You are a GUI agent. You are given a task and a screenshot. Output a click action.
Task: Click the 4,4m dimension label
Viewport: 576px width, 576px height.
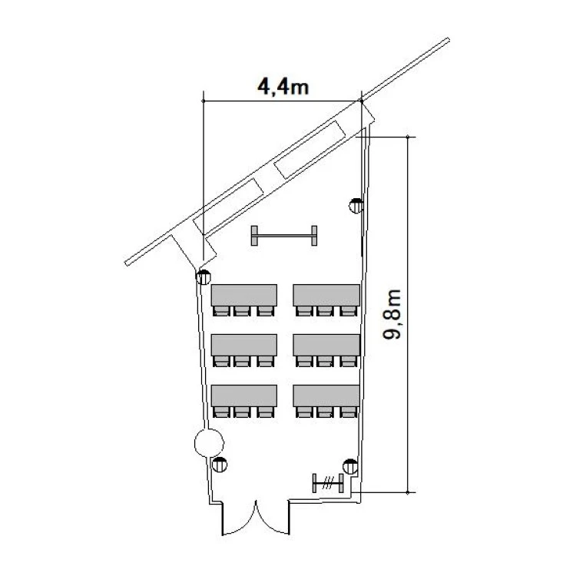[283, 88]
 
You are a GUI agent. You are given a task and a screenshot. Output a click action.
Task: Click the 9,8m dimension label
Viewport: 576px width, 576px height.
[392, 314]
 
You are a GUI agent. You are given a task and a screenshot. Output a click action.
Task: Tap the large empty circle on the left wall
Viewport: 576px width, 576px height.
[209, 443]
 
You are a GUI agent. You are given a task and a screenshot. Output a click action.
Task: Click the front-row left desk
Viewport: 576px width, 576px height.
[244, 295]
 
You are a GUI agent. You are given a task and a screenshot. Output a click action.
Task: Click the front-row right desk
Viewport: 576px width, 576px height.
[326, 295]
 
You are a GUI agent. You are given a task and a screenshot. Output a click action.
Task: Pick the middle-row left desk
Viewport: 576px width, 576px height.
[244, 345]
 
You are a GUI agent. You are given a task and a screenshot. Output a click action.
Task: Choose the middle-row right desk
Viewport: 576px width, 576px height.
[326, 345]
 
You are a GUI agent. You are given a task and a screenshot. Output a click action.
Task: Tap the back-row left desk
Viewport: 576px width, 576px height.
[244, 396]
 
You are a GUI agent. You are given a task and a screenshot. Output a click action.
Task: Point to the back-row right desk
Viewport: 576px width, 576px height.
[326, 396]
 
